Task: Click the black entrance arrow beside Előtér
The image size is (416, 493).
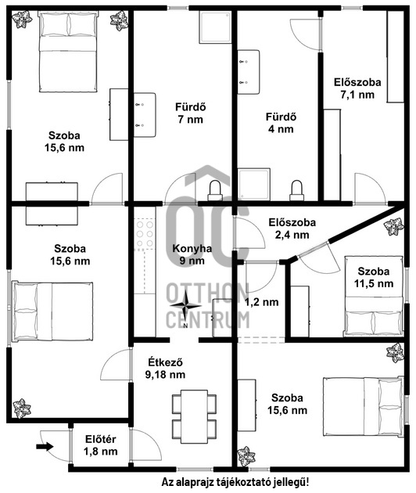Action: [x=45, y=446]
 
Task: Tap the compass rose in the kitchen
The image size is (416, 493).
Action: [x=185, y=306]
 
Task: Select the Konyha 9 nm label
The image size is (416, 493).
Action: [x=192, y=254]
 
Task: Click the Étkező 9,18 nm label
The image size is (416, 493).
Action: [x=165, y=368]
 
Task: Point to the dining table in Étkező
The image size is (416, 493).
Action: [x=195, y=416]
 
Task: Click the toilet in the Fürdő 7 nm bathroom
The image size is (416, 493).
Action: [x=215, y=190]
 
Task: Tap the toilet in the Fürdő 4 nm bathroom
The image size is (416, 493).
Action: [x=296, y=190]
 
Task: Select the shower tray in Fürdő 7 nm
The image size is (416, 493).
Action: [x=215, y=27]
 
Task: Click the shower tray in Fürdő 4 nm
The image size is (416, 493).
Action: [x=254, y=184]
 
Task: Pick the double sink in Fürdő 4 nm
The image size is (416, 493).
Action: [x=249, y=72]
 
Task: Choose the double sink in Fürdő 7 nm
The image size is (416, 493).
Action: [x=145, y=115]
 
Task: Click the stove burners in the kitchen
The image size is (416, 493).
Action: [x=145, y=234]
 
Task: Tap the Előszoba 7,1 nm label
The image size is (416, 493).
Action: [x=357, y=88]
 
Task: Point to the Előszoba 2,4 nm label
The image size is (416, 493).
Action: [x=292, y=229]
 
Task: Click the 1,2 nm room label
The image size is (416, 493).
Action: [x=261, y=303]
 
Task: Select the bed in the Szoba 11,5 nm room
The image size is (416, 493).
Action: [x=374, y=296]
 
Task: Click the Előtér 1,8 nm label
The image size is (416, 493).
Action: [x=101, y=445]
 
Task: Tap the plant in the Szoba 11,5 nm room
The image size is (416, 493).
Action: [x=393, y=226]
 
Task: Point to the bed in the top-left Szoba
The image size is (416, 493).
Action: [x=68, y=52]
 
